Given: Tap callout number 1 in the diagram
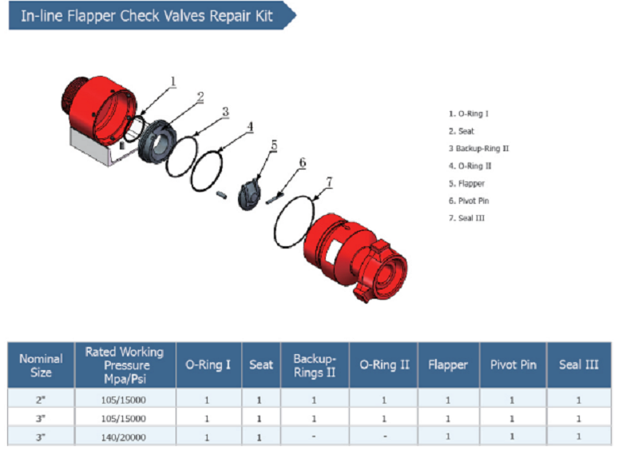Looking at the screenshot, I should (173, 81).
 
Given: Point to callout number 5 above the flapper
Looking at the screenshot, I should (273, 145).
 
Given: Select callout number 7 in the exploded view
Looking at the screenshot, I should (328, 181).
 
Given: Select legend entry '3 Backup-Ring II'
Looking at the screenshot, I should (479, 149).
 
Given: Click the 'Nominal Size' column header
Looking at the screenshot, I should (41, 365).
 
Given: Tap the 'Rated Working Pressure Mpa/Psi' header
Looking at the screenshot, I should (124, 365).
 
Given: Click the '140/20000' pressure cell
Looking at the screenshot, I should (124, 436).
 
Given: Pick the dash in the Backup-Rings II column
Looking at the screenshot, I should (315, 436).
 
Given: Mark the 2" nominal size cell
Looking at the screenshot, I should (41, 398).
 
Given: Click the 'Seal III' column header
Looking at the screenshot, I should (579, 365).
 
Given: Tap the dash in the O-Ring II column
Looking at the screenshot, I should (384, 436).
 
